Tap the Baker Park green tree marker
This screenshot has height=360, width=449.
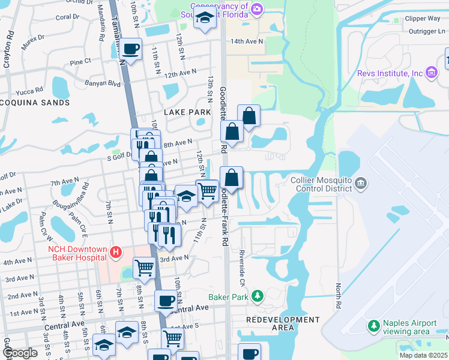coord(258,296)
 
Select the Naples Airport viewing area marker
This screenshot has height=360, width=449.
coord(374,326)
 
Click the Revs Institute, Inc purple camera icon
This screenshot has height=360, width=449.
coord(431,73)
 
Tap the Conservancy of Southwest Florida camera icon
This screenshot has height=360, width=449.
coord(258,8)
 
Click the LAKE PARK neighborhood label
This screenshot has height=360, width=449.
coord(187,112)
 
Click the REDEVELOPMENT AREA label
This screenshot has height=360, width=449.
coord(283,323)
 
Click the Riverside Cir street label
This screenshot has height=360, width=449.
coord(243,260)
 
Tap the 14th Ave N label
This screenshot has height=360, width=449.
coord(247,41)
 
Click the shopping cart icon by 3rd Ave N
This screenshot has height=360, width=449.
coord(144,267)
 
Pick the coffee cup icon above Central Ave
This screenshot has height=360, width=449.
coord(166,300)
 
